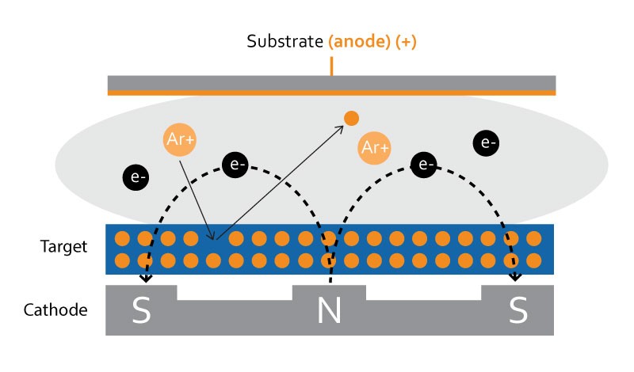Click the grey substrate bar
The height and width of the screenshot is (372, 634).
tap(331, 83)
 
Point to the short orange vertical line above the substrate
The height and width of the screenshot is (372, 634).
tap(331, 66)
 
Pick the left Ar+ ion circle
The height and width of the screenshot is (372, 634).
tap(180, 139)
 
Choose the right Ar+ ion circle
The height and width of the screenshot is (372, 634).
tap(374, 147)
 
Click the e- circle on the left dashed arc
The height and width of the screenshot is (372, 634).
tap(236, 165)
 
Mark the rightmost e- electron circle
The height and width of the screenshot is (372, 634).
tap(486, 143)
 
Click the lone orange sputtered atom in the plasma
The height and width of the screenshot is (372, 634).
tap(351, 119)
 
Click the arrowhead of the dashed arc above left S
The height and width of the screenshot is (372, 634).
tap(146, 279)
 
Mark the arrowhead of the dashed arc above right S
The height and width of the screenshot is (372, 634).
tap(515, 279)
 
